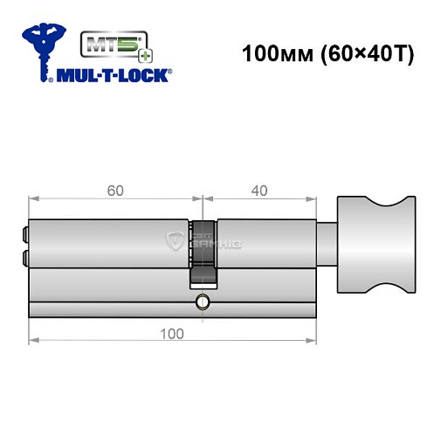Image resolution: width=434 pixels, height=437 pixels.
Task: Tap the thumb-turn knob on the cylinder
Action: pyautogui.click(x=370, y=240)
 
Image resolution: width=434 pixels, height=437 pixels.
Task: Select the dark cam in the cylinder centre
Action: pyautogui.click(x=203, y=267)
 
